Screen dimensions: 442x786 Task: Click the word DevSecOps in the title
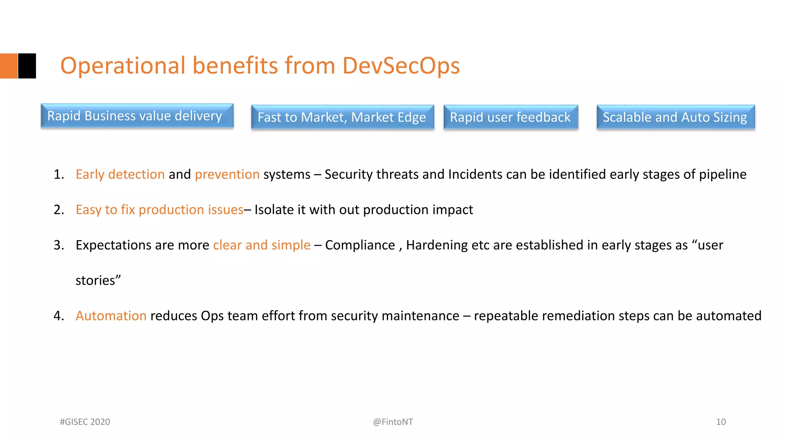pos(401,66)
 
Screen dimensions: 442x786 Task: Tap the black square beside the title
pos(27,66)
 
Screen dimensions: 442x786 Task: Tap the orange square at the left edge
pos(8,66)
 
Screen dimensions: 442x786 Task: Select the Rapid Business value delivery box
pos(137,115)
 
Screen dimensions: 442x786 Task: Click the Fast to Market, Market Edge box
pos(342,117)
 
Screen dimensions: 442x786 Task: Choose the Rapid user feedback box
pos(510,117)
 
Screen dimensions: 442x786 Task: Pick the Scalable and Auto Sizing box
pos(675,117)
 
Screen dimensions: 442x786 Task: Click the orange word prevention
pos(227,175)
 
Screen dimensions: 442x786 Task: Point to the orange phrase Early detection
pos(120,175)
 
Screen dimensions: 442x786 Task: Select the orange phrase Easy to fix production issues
pos(159,210)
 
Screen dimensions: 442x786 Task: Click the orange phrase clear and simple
pos(262,245)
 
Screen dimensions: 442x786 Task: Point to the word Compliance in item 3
pos(360,245)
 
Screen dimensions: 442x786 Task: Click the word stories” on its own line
pos(98,280)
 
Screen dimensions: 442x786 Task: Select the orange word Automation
pos(111,316)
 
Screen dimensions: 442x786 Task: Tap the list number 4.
pos(58,316)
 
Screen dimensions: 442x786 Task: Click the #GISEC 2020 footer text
pos(85,422)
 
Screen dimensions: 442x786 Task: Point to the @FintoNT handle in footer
pos(393,422)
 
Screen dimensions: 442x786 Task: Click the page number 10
pos(721,422)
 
